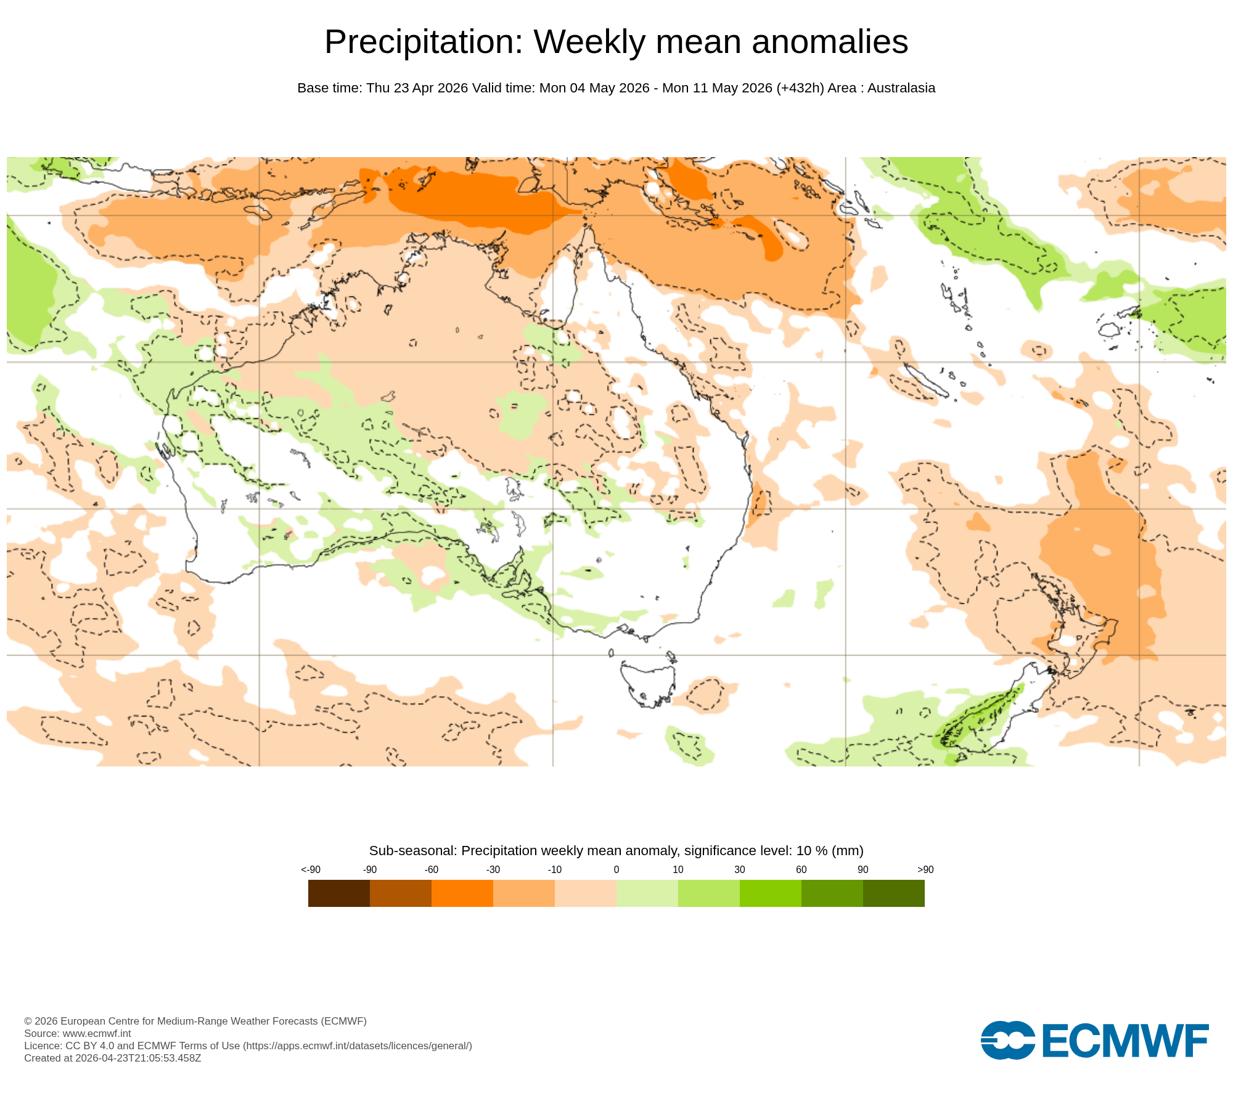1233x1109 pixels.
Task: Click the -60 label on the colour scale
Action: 431,869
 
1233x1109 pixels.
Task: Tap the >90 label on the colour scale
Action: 925,869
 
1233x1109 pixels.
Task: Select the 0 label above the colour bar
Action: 616,869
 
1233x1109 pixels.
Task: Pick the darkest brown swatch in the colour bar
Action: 338,893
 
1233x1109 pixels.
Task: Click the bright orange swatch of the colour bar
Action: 462,893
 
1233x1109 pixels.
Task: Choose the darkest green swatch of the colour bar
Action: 893,893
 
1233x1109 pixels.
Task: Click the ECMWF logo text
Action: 1124,1041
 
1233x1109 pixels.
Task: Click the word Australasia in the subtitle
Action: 901,88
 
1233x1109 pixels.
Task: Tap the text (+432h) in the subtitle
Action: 800,88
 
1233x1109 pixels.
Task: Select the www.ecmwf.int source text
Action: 96,1033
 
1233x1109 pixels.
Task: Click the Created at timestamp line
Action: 112,1058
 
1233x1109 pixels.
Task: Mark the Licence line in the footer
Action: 247,1046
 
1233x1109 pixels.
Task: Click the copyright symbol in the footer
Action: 28,1021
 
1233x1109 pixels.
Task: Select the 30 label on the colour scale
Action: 739,869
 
